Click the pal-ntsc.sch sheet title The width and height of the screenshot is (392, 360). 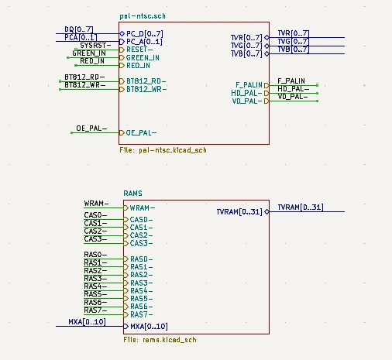tap(143, 15)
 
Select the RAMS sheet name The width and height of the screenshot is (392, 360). tap(132, 192)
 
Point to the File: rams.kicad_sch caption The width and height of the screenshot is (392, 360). tap(160, 339)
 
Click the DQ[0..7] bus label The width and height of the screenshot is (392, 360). tap(79, 29)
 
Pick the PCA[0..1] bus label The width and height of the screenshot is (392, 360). tap(81, 36)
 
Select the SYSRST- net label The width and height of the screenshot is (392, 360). tap(96, 45)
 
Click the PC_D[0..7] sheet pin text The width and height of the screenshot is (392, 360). tap(145, 33)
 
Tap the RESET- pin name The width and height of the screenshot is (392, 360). tap(140, 50)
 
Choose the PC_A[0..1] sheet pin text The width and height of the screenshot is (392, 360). tap(145, 42)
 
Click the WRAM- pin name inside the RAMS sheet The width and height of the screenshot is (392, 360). tap(142, 207)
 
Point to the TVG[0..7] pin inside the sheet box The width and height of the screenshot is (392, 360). tap(246, 46)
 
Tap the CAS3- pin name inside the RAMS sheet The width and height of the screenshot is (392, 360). tap(141, 243)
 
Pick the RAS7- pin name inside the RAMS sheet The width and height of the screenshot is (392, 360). tap(141, 314)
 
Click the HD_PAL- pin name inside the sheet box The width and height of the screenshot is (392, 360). tap(248, 92)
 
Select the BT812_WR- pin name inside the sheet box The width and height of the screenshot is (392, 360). tap(146, 90)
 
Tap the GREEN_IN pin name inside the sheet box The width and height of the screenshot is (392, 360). tap(143, 58)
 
